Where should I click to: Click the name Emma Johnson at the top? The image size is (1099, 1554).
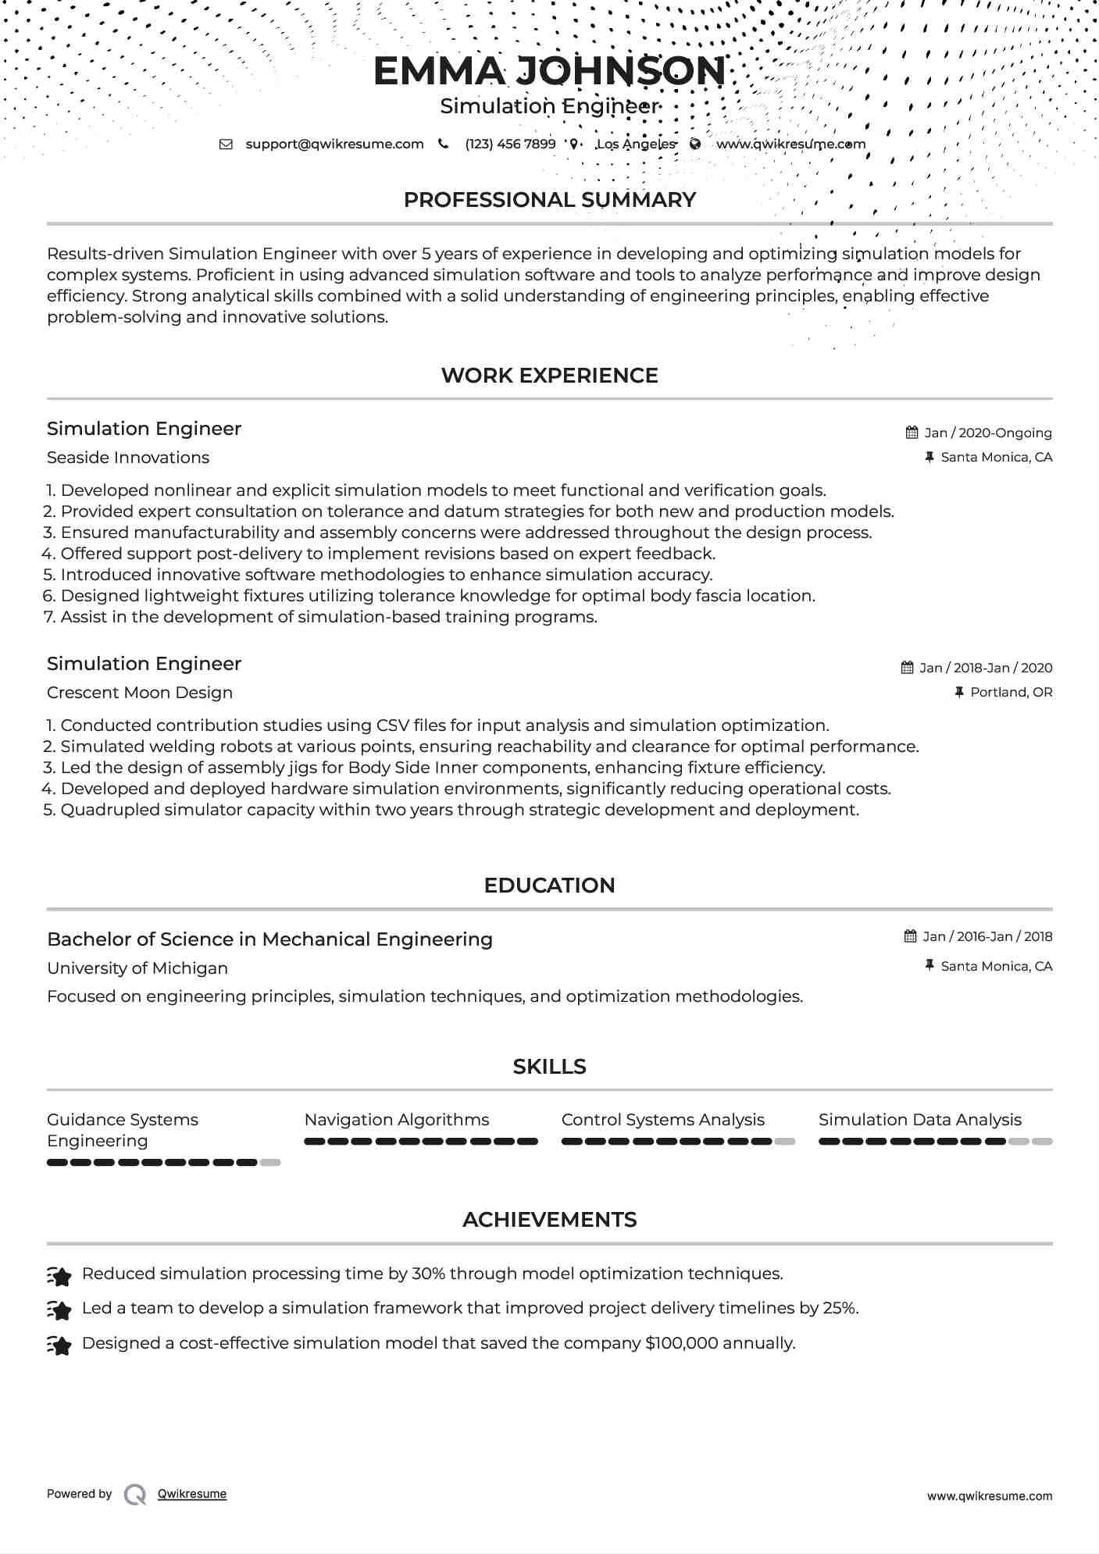[x=549, y=71]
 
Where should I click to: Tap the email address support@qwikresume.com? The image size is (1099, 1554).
[x=334, y=144]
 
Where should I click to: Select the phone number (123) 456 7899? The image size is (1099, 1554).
[x=510, y=144]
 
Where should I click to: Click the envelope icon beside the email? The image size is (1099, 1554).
[x=226, y=144]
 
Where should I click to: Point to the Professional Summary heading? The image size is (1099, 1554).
[x=549, y=200]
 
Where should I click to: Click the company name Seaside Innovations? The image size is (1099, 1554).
[x=128, y=458]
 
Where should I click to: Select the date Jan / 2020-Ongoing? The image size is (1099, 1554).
[x=987, y=433]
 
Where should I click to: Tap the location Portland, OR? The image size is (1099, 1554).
[x=1011, y=692]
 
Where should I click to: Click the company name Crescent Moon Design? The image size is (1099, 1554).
[x=140, y=693]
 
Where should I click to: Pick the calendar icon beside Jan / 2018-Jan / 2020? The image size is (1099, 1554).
[x=907, y=668]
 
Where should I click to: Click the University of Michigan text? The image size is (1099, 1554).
[x=137, y=968]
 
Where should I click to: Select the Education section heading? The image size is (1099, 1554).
[x=549, y=886]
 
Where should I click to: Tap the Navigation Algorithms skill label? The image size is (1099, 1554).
[x=397, y=1120]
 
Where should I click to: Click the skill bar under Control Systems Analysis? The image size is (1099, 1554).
[x=677, y=1142]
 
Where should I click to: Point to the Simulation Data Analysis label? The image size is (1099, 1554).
[x=919, y=1120]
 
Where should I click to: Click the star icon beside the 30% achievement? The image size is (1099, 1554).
[x=59, y=1276]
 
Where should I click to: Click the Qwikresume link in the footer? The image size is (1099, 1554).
[x=192, y=1494]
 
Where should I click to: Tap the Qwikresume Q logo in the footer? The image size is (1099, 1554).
[x=135, y=1495]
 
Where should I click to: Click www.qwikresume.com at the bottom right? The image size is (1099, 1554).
[x=989, y=1496]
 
